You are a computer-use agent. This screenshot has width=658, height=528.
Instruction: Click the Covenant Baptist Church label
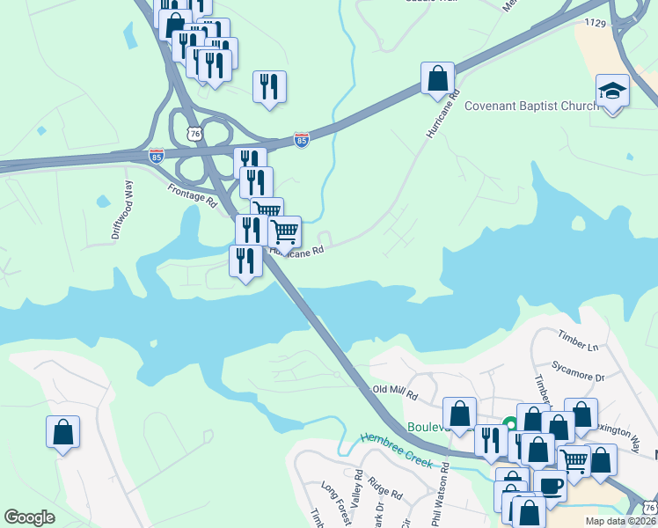point(530,106)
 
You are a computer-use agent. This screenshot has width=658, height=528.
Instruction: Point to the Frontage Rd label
point(192,194)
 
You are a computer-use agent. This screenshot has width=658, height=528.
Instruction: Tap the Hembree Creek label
point(395,449)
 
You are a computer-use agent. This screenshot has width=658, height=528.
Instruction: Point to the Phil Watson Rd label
point(441,497)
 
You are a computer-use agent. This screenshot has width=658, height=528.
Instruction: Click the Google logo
point(29,517)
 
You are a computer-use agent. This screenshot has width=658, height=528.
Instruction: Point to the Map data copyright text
point(620,521)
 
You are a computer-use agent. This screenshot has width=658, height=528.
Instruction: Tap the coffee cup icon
point(551,485)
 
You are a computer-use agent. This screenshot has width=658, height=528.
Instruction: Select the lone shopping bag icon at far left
point(62,431)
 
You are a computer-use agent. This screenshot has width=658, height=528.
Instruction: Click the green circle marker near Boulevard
point(508,424)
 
